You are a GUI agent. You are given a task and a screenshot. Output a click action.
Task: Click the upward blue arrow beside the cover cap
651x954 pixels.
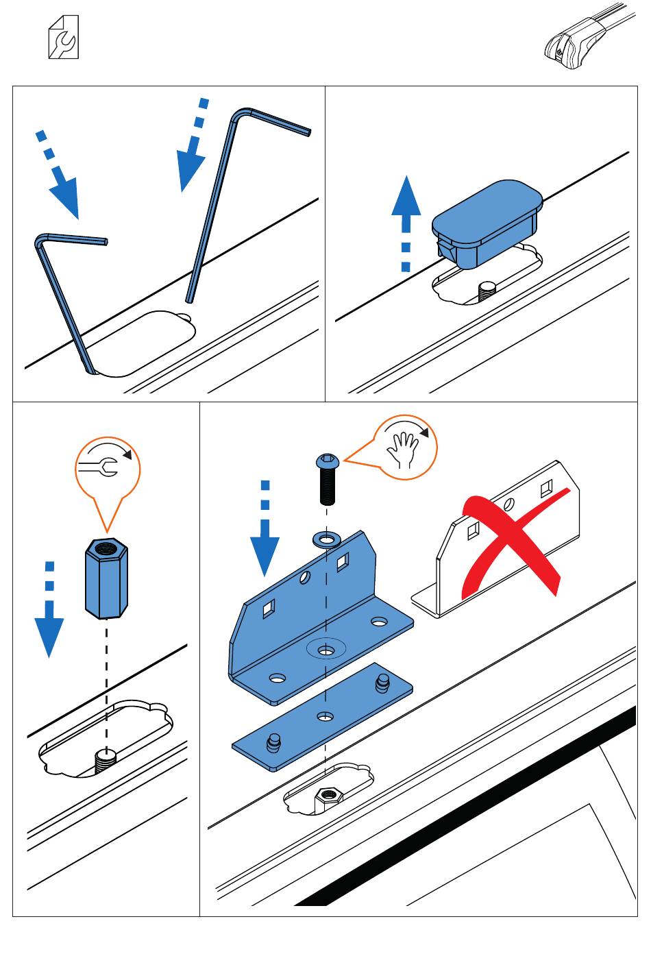(x=406, y=219)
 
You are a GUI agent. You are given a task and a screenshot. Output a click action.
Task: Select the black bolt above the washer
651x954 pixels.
(x=327, y=480)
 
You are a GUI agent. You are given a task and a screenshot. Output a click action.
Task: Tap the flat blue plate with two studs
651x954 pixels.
(x=323, y=716)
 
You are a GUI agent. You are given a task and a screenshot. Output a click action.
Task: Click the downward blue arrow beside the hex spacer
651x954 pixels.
(x=49, y=617)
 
